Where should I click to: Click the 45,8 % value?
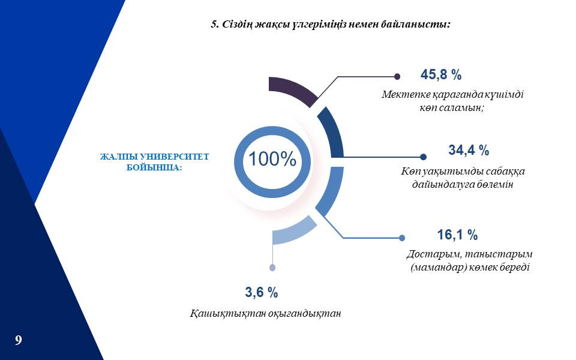[441, 75]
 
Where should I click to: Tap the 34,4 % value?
[469, 150]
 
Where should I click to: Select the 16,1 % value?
[457, 235]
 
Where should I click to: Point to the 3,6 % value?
[262, 292]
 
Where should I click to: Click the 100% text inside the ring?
[272, 159]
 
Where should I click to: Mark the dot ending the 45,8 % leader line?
[397, 76]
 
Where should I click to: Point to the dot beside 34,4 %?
[423, 157]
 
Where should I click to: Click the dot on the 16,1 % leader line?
[402, 238]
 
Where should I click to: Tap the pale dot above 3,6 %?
[272, 268]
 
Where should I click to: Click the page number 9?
[19, 340]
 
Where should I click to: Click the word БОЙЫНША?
[154, 167]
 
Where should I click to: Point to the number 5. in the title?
[215, 25]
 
